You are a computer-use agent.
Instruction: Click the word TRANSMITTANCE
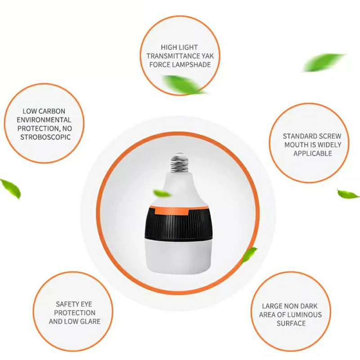174,56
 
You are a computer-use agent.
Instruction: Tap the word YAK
208,56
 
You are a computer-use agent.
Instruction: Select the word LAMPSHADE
192,65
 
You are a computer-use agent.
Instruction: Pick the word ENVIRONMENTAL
44,120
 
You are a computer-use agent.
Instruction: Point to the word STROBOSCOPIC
45,137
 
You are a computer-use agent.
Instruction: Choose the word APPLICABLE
313,153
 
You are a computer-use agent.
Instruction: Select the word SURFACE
291,323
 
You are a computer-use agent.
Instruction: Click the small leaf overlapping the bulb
162,193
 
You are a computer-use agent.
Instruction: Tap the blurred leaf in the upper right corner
324,62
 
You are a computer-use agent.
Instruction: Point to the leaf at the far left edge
11,188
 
